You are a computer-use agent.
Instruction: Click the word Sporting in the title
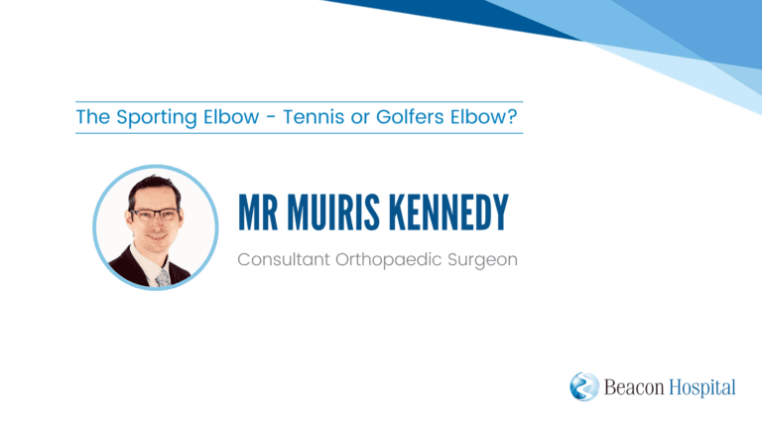(157, 118)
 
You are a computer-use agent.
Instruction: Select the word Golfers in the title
(410, 117)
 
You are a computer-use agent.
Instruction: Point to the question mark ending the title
(512, 117)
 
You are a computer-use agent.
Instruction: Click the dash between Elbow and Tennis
(271, 118)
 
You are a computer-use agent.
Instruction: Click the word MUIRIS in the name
(333, 213)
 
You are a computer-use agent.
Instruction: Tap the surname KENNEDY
(448, 213)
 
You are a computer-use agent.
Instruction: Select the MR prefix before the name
(258, 213)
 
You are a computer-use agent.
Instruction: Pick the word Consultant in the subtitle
(284, 259)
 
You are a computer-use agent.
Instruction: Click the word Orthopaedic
(388, 260)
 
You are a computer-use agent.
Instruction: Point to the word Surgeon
(482, 260)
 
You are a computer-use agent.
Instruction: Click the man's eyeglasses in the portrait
(155, 214)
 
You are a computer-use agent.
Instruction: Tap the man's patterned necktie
(163, 277)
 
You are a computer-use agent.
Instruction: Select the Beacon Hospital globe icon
(584, 386)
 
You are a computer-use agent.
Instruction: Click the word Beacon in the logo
(634, 387)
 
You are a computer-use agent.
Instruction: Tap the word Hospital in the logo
(702, 388)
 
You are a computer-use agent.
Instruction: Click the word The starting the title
(93, 117)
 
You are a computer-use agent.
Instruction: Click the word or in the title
(359, 118)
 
